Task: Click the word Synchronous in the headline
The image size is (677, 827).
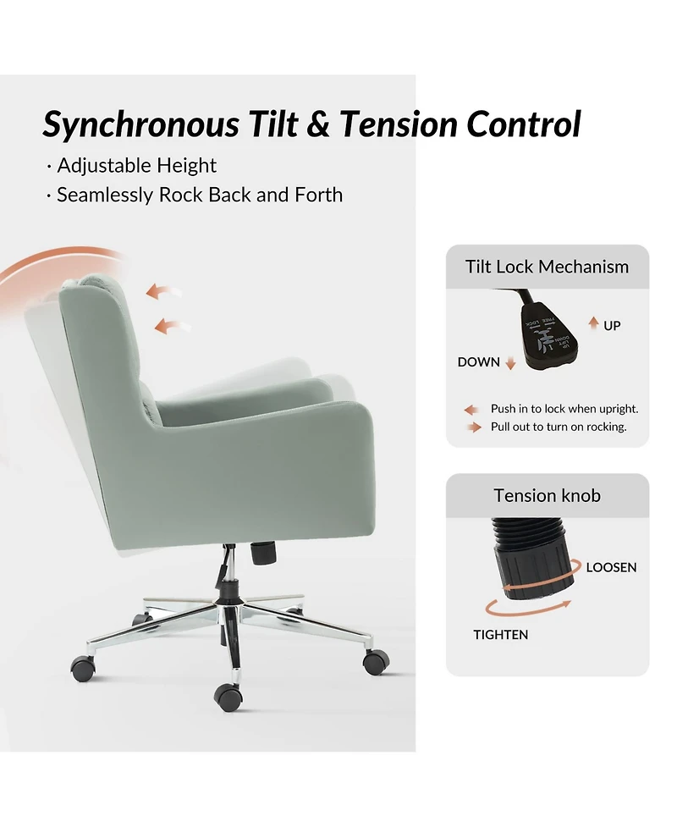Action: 140,124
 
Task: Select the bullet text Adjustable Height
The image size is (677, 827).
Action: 136,165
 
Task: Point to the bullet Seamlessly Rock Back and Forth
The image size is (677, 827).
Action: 199,195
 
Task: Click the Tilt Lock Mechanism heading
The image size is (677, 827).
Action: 547,267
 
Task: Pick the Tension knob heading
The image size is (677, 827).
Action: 547,495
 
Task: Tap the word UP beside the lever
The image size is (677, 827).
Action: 612,325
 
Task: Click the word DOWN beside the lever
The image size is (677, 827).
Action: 479,362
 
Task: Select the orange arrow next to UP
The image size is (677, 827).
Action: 594,323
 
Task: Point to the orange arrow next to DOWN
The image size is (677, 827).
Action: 510,363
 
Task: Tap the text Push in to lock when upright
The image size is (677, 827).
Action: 564,409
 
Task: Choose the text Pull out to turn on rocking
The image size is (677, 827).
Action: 559,427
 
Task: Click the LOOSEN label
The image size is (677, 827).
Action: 611,567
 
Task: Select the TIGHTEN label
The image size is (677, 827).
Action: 500,635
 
